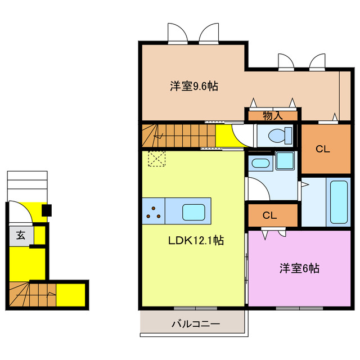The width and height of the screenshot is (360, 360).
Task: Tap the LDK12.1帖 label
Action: click(196, 241)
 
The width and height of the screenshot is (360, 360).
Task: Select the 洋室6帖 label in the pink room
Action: click(299, 268)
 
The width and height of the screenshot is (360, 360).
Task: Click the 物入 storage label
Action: click(273, 116)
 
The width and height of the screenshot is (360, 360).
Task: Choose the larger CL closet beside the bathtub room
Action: click(322, 149)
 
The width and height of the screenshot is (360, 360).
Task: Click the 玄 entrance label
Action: click(20, 235)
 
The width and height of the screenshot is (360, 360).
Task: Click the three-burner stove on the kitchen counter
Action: click(153, 212)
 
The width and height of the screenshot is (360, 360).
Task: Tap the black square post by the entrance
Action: click(47, 211)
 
